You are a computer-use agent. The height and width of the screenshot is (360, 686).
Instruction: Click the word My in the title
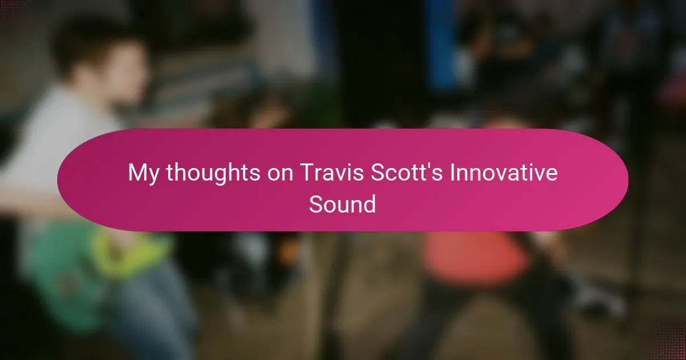[x=143, y=174]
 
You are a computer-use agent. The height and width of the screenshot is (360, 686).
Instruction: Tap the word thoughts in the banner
[x=213, y=172]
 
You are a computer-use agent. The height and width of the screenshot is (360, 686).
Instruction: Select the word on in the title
[x=280, y=174]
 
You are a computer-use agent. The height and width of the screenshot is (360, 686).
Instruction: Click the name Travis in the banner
[x=332, y=172]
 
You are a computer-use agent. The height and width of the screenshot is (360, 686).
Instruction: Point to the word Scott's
[x=406, y=172]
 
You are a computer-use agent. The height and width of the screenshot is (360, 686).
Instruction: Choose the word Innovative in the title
[x=504, y=172]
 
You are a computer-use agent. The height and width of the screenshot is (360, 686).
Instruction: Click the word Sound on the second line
[x=342, y=204]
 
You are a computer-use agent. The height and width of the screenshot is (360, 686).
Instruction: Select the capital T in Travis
[x=307, y=173]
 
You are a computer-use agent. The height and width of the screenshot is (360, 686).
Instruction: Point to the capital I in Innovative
[x=452, y=173]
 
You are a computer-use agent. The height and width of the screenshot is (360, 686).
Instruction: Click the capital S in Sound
[x=316, y=204]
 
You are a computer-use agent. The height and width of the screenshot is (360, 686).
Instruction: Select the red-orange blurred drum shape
[x=474, y=257]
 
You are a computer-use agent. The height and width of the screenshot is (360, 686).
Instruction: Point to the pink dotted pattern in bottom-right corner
[x=668, y=343]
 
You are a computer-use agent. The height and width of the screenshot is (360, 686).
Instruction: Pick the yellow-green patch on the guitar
[x=131, y=254]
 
